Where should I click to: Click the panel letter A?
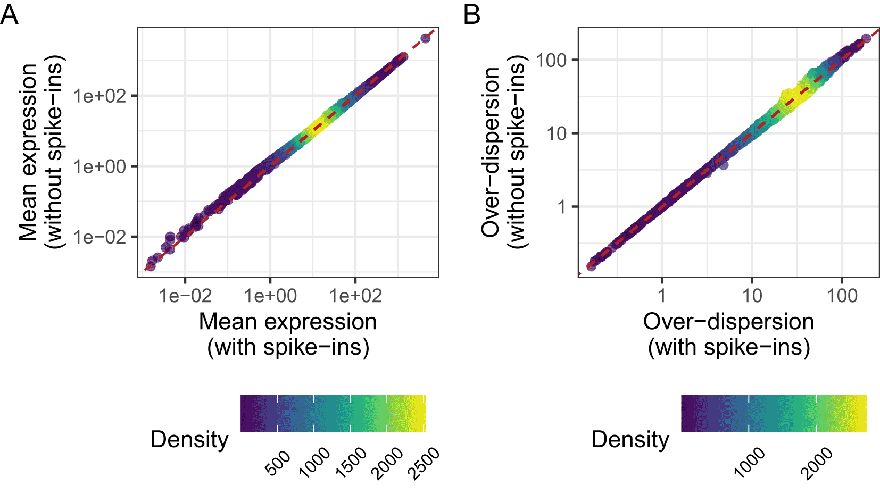coord(10,14)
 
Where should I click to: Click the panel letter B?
coord(471,14)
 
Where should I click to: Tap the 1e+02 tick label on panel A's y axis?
coord(100,96)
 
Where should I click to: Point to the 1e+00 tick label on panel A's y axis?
coord(100,166)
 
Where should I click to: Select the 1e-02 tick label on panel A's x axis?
coord(185,296)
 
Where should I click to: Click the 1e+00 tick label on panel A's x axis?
coord(270,296)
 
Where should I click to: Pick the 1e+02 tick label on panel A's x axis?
coord(355,296)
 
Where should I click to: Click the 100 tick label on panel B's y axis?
coord(551,61)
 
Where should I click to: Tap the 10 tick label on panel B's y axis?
coord(557,133)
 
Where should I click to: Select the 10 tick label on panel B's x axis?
coord(752,296)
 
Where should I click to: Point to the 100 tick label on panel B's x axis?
coord(842,296)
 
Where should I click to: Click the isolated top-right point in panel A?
coord(426,38)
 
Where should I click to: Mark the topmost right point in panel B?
coord(866,38)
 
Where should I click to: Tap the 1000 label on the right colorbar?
coord(750,462)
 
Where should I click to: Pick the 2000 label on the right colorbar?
coord(817,463)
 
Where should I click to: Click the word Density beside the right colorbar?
coord(630,440)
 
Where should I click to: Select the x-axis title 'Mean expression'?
coord(288,322)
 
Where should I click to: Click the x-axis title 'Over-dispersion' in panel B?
coord(728,322)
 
